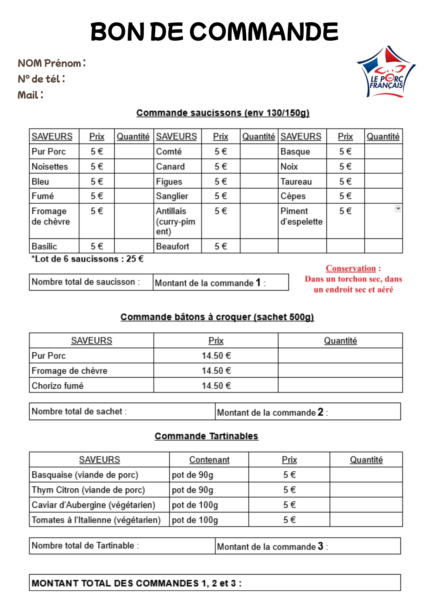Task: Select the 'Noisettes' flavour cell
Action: point(50,167)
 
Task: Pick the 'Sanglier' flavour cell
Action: point(172,196)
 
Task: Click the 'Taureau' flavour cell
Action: point(296,181)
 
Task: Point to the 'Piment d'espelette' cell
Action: point(301,216)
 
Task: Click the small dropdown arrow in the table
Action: point(398,209)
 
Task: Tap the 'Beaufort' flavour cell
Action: point(172,246)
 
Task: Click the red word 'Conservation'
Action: point(351,268)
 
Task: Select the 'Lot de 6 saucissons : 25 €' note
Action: point(87,259)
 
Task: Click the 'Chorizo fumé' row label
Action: point(58,385)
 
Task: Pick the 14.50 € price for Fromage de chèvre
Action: point(216,371)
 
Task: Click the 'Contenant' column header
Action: point(209,460)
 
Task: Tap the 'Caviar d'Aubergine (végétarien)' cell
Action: point(93,505)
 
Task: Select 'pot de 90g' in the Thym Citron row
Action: point(192,490)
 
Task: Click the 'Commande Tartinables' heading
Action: point(206,436)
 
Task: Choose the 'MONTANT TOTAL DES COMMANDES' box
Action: point(214,583)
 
